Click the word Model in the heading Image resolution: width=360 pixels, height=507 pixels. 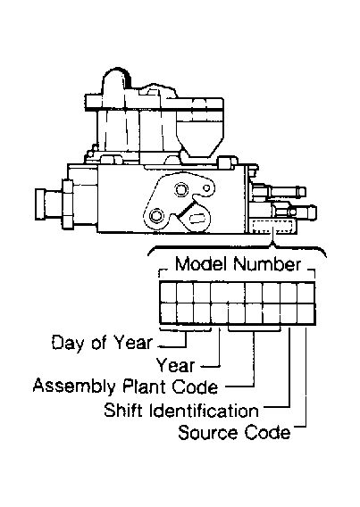(200, 264)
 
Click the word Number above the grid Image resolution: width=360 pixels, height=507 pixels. (267, 264)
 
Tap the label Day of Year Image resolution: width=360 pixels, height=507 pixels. (102, 343)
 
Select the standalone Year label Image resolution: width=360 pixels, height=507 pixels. (176, 365)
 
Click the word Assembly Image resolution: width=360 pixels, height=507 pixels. (74, 387)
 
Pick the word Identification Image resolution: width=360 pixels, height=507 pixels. (204, 410)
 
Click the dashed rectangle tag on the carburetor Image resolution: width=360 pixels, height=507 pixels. (272, 226)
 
